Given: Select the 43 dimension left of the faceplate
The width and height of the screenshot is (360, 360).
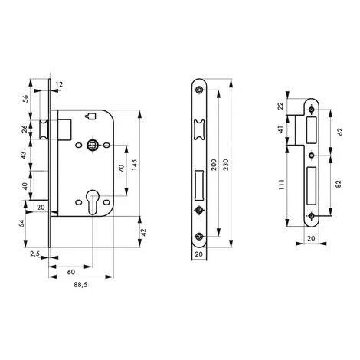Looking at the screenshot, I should pos(25,155).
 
